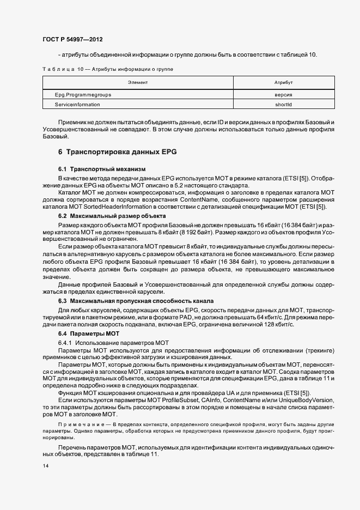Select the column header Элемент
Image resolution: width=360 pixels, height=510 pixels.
pos(138,82)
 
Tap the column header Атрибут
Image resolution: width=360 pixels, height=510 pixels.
pos(283,82)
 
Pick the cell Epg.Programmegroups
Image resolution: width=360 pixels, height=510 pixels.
pos(83,94)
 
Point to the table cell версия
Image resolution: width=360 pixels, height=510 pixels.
pos(283,94)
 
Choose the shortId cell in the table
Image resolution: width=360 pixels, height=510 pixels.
pos(283,104)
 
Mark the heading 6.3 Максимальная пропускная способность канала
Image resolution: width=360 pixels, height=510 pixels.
pos(136,301)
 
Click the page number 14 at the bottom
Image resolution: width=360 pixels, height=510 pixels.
pos(46,466)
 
